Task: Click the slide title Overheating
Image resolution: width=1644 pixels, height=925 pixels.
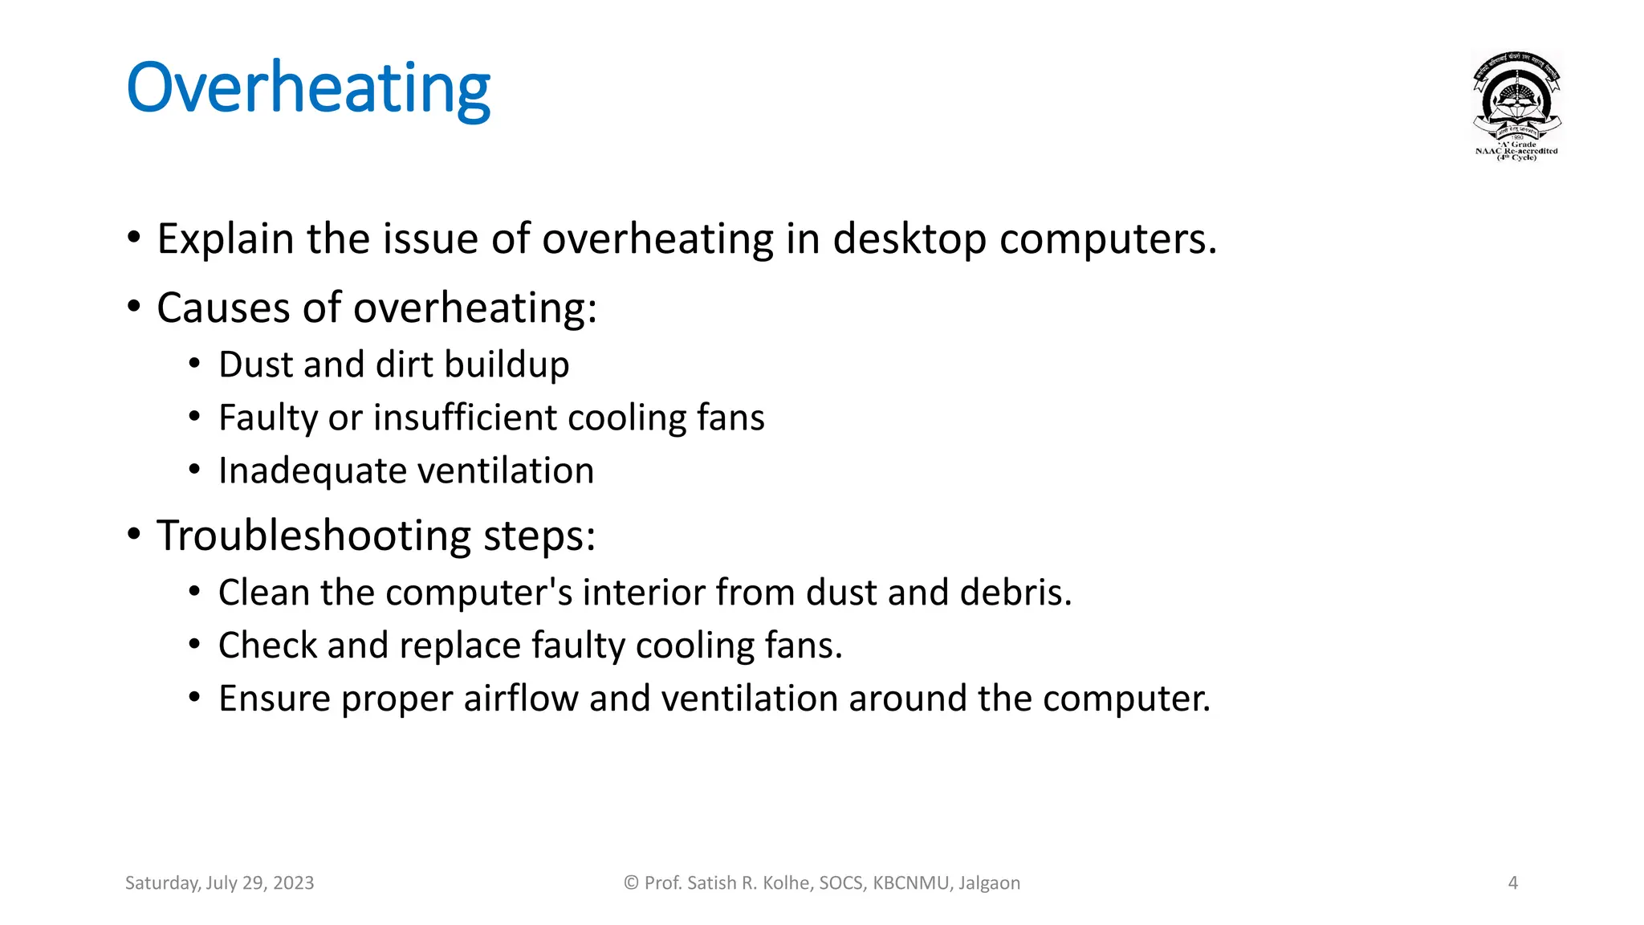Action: [308, 88]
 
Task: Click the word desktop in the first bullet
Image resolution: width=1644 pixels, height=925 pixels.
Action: [909, 239]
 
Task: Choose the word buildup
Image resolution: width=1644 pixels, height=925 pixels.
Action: [507, 365]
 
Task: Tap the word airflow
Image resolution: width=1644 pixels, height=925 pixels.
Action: [521, 699]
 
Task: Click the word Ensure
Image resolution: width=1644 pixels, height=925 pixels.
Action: [274, 699]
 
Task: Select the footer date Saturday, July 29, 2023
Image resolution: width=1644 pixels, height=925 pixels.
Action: [219, 883]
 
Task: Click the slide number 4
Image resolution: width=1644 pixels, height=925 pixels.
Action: [1512, 883]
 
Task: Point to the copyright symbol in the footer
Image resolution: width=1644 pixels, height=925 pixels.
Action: [631, 883]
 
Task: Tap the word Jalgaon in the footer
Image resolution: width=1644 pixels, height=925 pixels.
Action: [989, 883]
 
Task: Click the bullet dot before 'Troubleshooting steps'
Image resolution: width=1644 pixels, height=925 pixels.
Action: [134, 535]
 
